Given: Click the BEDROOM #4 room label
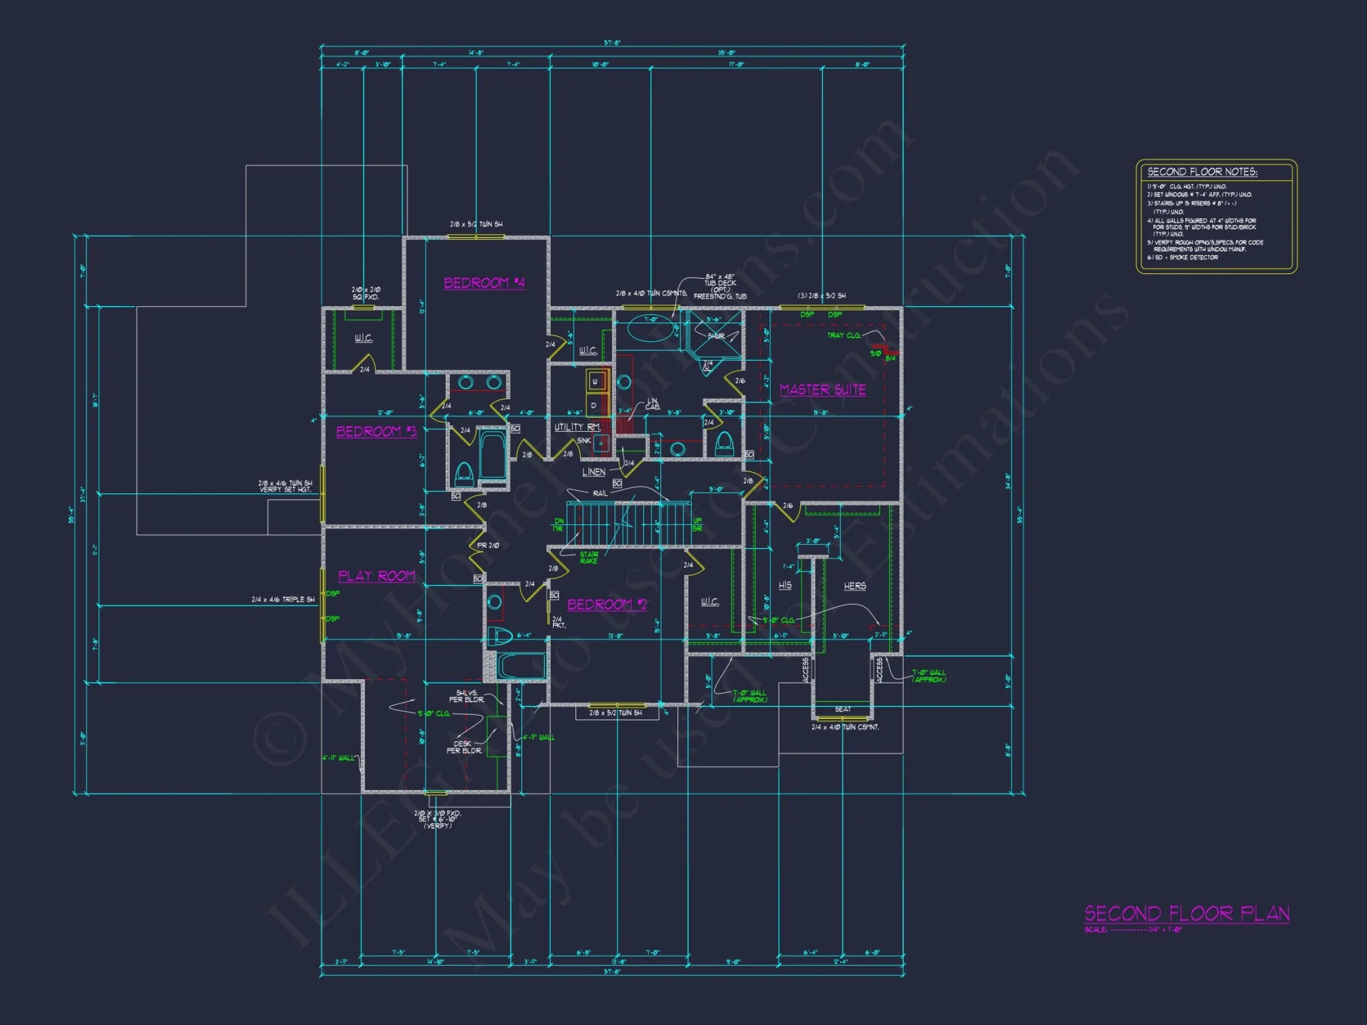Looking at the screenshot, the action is coord(484,283).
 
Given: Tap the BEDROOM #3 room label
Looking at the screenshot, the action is coord(376,431).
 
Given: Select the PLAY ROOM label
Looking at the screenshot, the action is coord(377,576).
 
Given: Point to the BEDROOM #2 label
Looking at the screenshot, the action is coord(606,605).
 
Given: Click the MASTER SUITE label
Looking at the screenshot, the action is coord(823,389).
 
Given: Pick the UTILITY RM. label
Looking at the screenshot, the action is coord(577,427).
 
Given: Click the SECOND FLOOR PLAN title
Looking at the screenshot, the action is coord(1187,914).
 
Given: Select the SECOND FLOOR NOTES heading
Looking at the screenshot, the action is coord(1202,172).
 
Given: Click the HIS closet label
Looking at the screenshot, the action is coord(785,586).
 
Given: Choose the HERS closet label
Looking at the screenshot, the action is coord(854,586).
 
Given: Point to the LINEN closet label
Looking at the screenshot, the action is coord(593,472).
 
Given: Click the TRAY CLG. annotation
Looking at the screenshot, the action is coord(843,336).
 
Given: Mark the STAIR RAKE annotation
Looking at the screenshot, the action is coord(588,558).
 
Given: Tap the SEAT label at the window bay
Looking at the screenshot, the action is coord(843,709).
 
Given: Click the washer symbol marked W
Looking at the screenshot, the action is coord(595,381).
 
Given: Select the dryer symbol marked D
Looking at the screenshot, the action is coord(594,405).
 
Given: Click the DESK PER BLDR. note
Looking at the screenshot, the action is coord(463,747).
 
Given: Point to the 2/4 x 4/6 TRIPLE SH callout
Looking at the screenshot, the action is coord(283,599).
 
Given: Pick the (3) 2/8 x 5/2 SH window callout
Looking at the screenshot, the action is coord(822,296).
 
